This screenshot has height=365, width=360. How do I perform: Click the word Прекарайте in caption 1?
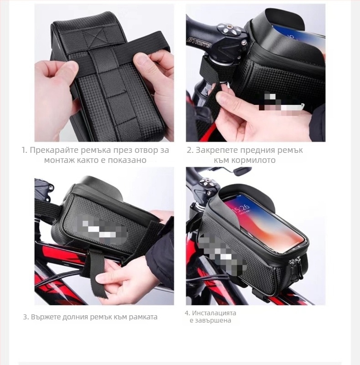54,150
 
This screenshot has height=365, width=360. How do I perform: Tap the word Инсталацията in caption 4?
214,313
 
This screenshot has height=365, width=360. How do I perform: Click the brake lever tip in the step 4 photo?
242,172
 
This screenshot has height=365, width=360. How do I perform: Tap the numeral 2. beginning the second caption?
190,150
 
